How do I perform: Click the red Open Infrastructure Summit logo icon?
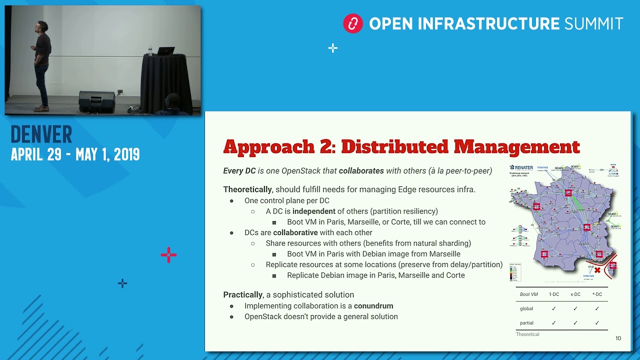coord(352,23)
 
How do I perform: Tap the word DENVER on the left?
coord(41,134)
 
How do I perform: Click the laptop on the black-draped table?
coord(165,51)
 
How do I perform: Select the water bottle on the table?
coord(150,50)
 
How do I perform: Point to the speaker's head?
coord(42,26)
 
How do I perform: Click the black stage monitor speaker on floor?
coord(96,101)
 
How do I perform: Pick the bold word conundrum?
coord(373,305)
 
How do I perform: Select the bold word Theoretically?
coord(247,189)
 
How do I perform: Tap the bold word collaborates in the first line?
coord(361,170)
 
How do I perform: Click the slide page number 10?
coord(618,338)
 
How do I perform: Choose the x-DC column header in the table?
coord(575,294)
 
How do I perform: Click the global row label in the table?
coord(526,308)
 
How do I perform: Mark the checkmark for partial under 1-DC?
coord(553,323)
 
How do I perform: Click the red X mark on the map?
coord(597,270)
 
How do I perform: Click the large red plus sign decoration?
coord(168,255)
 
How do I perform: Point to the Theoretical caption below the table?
coord(527,334)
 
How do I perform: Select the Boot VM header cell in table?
coord(528,294)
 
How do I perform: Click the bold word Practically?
coord(242,294)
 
